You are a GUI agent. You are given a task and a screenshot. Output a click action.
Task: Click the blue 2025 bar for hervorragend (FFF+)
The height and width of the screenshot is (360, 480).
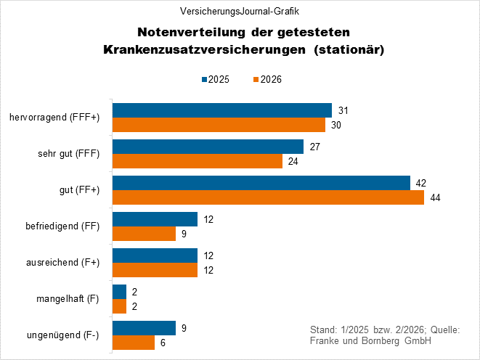(x=221, y=110)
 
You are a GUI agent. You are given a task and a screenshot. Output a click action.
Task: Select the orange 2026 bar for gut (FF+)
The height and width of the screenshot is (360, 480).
(x=268, y=197)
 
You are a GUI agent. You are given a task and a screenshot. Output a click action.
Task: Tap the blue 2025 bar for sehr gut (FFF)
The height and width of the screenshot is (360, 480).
(x=208, y=147)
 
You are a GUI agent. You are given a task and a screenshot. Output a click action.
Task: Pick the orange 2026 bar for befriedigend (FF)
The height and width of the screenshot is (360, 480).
(x=144, y=234)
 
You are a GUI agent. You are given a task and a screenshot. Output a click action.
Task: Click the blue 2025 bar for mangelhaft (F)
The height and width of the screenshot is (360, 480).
(x=119, y=292)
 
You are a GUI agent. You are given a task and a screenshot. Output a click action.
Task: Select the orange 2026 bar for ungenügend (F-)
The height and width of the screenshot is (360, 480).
(x=134, y=343)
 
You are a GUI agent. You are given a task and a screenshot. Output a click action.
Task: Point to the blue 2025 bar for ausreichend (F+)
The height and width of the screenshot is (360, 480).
(x=155, y=255)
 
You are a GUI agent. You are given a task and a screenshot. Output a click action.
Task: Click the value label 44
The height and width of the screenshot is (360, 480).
(x=436, y=197)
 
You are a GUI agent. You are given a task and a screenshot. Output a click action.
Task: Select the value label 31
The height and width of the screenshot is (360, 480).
(x=344, y=110)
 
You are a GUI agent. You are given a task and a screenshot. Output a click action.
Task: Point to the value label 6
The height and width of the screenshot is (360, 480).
(x=164, y=343)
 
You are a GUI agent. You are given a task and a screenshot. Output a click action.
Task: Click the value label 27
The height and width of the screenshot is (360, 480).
(x=316, y=147)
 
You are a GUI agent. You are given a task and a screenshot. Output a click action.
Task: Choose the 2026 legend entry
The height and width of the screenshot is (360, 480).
(x=267, y=79)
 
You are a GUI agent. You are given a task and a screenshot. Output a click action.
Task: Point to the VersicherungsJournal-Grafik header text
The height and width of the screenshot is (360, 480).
(x=240, y=12)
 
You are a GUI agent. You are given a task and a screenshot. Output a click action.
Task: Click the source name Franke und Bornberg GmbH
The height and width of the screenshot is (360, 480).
(x=370, y=341)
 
